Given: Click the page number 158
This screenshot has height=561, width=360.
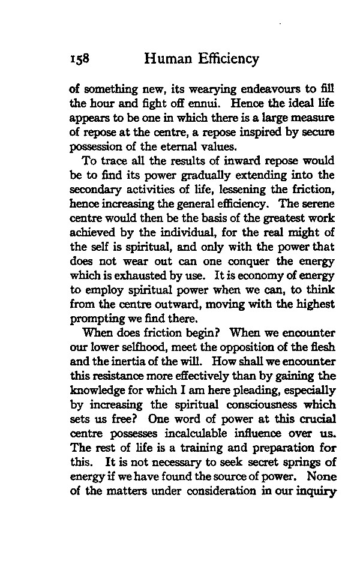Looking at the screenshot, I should point(80,59).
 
